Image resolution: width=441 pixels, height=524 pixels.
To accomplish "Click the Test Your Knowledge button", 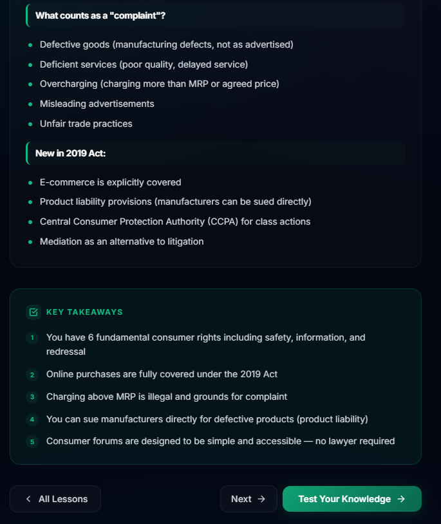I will (x=352, y=499).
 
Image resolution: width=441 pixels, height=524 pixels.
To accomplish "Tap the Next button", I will (x=248, y=499).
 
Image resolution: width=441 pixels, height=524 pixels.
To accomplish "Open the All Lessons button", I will (x=55, y=499).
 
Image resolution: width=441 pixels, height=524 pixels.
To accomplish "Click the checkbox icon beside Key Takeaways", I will (x=33, y=312).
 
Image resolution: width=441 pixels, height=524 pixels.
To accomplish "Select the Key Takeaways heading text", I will (x=84, y=312).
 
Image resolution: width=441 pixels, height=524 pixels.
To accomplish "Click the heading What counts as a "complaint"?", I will (x=100, y=15).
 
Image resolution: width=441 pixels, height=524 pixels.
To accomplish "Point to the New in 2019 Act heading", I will (x=70, y=153).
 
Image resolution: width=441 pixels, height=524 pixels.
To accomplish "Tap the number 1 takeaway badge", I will (x=32, y=337).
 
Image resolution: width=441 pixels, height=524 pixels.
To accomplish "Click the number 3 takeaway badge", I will (x=32, y=397).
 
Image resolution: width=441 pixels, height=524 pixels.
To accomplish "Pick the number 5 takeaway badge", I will (x=32, y=442).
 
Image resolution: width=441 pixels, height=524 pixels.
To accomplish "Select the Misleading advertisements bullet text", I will (x=97, y=104).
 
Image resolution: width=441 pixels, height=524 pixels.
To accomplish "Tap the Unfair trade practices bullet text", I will (x=86, y=124).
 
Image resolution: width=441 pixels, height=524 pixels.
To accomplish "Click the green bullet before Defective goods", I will (x=30, y=45).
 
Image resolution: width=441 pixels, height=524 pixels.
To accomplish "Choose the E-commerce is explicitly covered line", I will (x=110, y=182).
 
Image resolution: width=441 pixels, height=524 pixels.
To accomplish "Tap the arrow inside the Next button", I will (x=261, y=499).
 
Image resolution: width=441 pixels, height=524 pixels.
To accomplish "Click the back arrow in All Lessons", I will (x=28, y=499).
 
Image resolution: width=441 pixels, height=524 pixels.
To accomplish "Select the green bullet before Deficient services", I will (x=30, y=65).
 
